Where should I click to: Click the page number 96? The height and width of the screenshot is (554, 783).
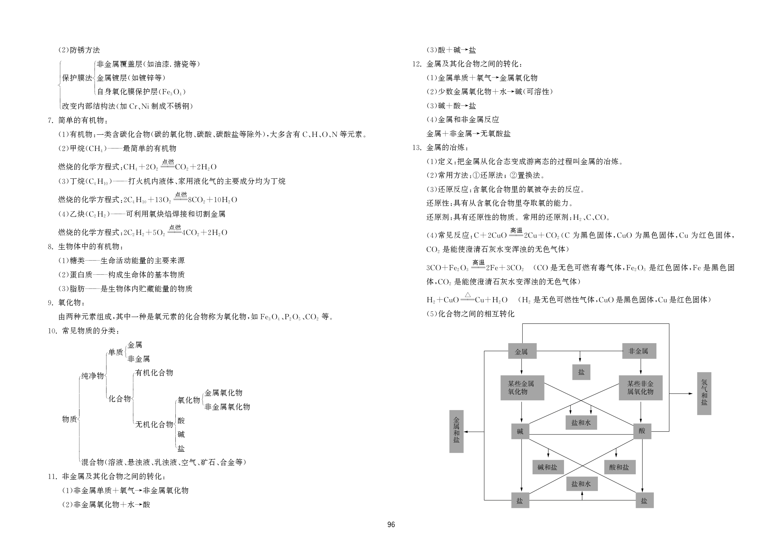[x=391, y=525]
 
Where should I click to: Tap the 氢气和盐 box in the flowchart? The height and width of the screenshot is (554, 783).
[x=704, y=393]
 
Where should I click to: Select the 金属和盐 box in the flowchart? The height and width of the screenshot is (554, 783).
[x=456, y=431]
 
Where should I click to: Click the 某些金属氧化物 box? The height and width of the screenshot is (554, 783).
[x=522, y=388]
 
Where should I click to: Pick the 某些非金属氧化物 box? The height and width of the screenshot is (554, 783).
[x=641, y=388]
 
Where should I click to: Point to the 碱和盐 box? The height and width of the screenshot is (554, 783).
[x=548, y=467]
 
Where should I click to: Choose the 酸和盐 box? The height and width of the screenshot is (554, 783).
[x=619, y=467]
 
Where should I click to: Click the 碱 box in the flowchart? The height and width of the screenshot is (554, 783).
[x=520, y=431]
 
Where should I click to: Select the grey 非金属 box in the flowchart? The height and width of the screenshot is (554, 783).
[x=639, y=351]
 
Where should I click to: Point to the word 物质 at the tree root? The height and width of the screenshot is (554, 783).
[x=69, y=419]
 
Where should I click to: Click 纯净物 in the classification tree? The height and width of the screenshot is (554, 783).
[x=92, y=376]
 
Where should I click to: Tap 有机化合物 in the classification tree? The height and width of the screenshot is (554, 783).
[x=154, y=373]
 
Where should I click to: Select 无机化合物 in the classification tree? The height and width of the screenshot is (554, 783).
[x=154, y=424]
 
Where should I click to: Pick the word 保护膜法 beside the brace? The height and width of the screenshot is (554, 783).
[x=77, y=78]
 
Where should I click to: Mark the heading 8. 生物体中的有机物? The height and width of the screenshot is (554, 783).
[x=86, y=246]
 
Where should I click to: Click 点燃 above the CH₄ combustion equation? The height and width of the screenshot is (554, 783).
[x=168, y=162]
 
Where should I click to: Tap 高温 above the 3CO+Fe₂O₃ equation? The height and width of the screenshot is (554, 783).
[x=479, y=262]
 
